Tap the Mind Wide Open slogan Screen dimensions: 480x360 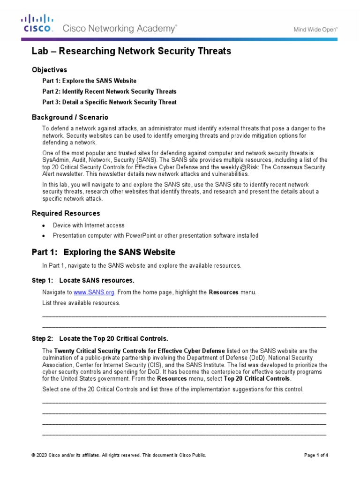(315, 29)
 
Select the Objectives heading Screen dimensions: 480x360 (49, 70)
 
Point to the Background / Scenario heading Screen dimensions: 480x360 (70, 117)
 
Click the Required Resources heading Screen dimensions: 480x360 (66, 213)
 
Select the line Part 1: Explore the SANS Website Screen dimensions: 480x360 (89, 81)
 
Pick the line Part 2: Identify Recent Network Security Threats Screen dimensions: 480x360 (109, 91)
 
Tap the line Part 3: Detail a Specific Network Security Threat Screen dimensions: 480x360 (109, 102)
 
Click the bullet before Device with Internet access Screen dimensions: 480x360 (44, 225)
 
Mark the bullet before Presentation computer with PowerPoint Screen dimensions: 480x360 (44, 236)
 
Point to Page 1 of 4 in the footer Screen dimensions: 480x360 (316, 455)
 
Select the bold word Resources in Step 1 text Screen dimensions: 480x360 (224, 292)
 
